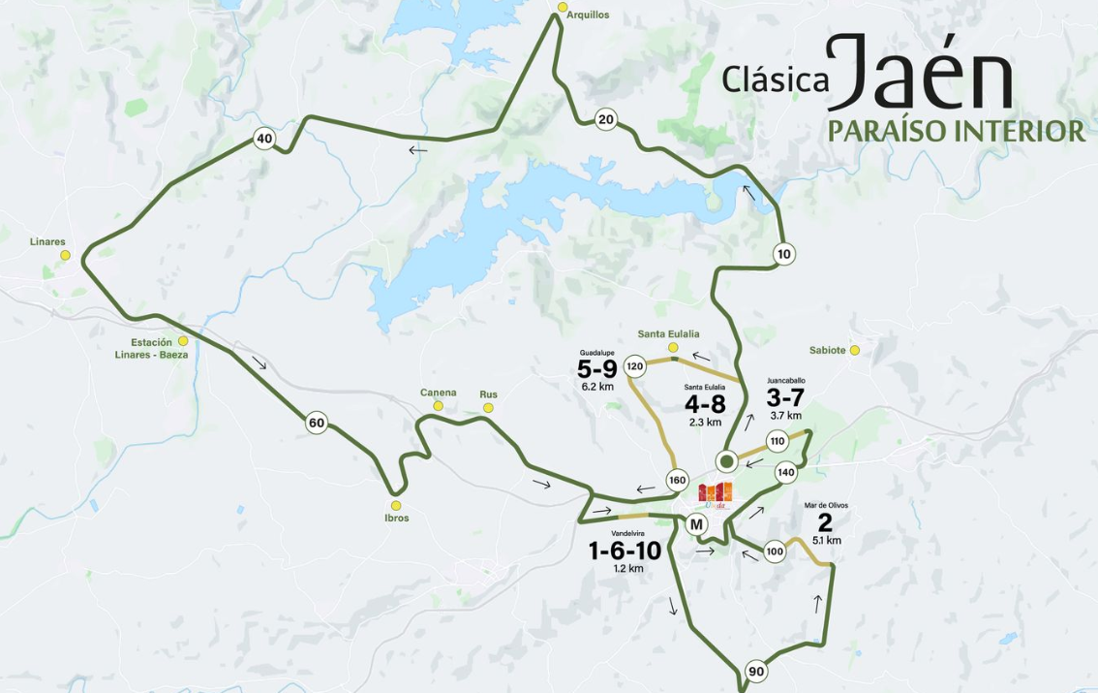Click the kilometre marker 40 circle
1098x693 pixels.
pyautogui.click(x=264, y=139)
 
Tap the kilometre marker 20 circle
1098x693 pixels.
pyautogui.click(x=606, y=119)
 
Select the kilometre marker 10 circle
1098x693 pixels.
pyautogui.click(x=783, y=254)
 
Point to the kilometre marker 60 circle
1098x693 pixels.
pyautogui.click(x=316, y=423)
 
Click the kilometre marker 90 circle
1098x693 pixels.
pyautogui.click(x=756, y=672)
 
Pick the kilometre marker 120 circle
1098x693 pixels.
pyautogui.click(x=635, y=366)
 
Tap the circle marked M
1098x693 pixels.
pyautogui.click(x=695, y=524)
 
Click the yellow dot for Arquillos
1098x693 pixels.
pyautogui.click(x=563, y=7)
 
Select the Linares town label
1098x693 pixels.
pyautogui.click(x=47, y=241)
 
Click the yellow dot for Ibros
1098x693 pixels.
pyautogui.click(x=395, y=505)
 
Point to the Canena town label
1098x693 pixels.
pyautogui.click(x=438, y=393)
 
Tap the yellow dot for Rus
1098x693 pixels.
pyautogui.click(x=488, y=407)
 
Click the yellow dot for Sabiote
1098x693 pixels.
pyautogui.click(x=855, y=350)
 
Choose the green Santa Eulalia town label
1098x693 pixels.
pyautogui.click(x=668, y=333)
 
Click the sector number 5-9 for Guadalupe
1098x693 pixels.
pyautogui.click(x=596, y=369)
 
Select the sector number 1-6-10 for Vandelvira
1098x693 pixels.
pyautogui.click(x=625, y=551)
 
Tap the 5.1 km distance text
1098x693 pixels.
pyautogui.click(x=826, y=541)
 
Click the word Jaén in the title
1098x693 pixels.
pyautogui.click(x=919, y=73)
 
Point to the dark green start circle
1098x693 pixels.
pyautogui.click(x=726, y=459)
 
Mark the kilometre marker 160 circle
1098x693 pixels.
pyautogui.click(x=677, y=480)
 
